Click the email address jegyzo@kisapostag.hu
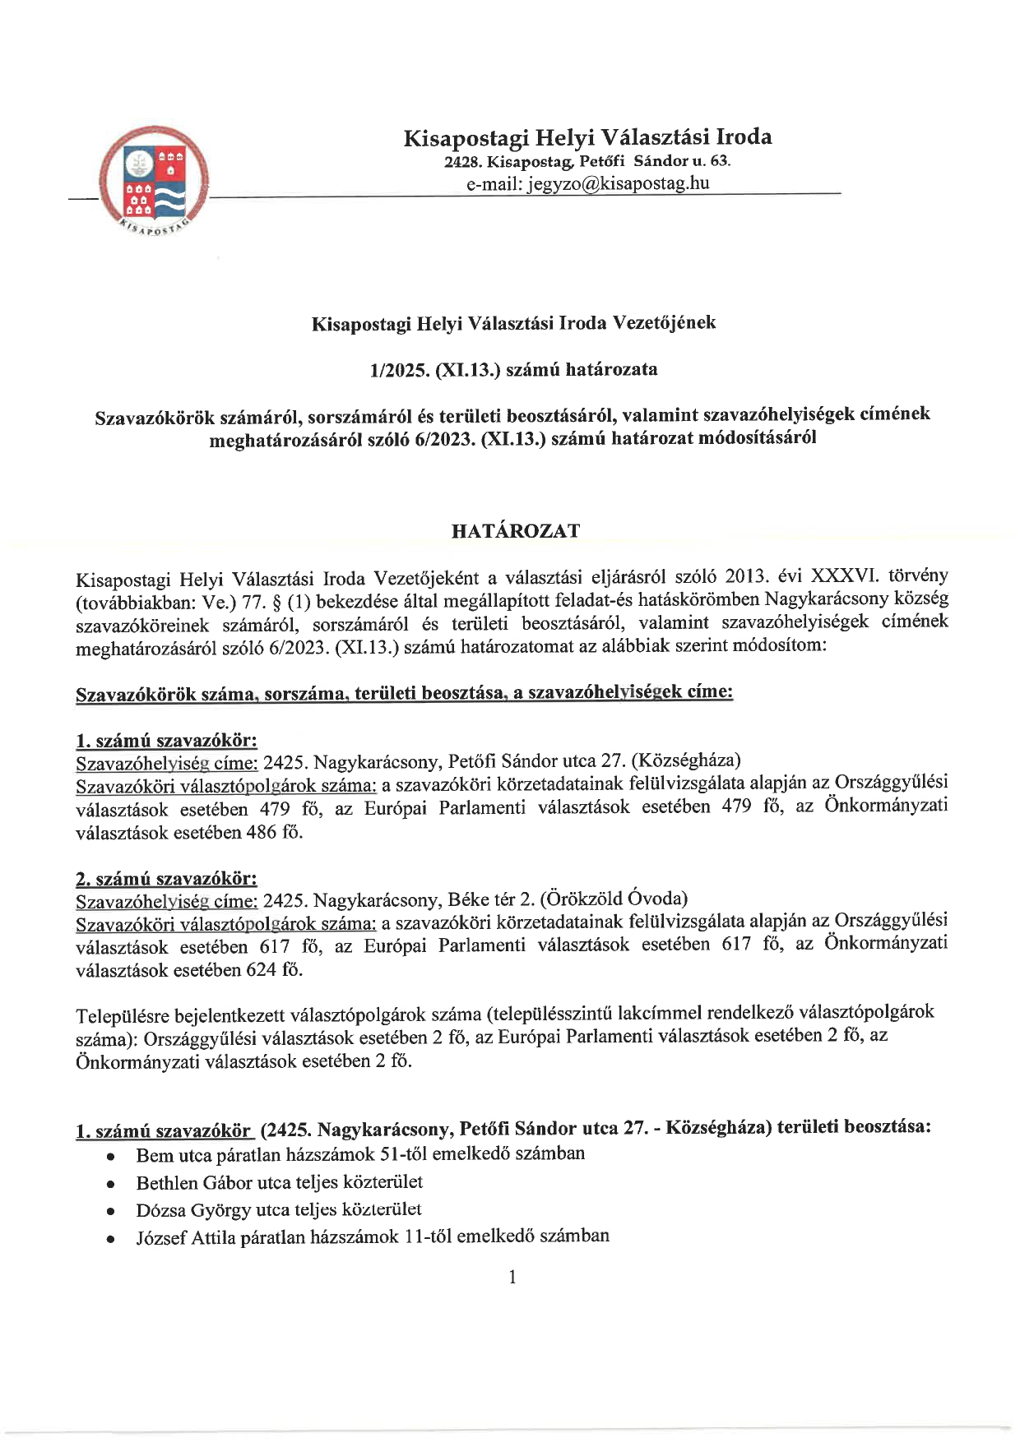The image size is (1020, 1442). [587, 183]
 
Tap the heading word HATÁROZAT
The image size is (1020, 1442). [515, 531]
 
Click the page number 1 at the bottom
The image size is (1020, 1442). [512, 1277]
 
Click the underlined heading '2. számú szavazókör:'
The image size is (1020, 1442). [166, 879]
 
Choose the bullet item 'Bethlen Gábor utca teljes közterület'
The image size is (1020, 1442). [280, 1182]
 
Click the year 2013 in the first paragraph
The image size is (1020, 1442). [744, 576]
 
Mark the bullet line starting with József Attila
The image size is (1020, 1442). [373, 1236]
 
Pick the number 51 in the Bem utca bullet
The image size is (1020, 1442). [388, 1154]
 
